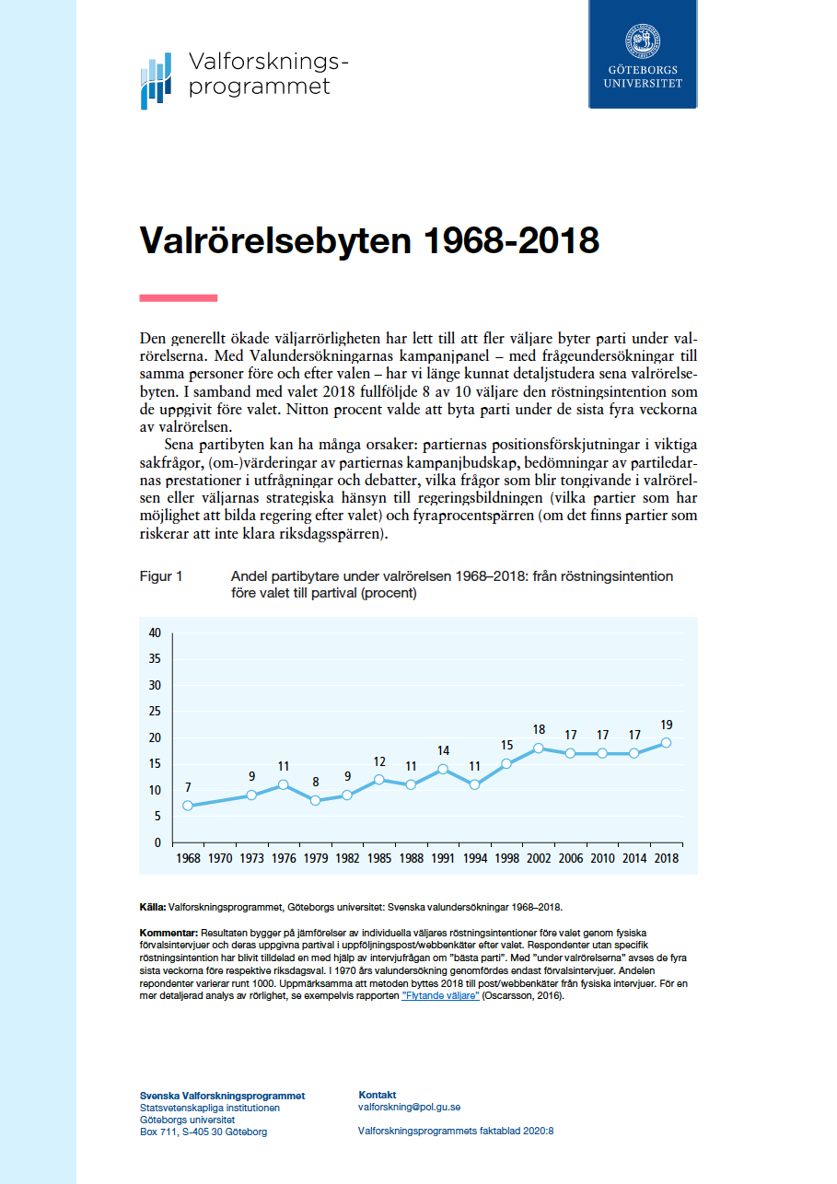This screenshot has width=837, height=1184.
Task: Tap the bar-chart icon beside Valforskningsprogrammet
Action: pyautogui.click(x=156, y=82)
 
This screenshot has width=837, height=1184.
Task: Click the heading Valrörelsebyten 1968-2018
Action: pyautogui.click(x=369, y=241)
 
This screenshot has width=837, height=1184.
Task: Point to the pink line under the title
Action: pyautogui.click(x=178, y=297)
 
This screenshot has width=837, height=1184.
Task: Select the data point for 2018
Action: pyautogui.click(x=666, y=743)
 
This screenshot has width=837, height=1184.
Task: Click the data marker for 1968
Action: pyautogui.click(x=188, y=806)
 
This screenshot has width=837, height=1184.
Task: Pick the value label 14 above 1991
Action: pyautogui.click(x=443, y=750)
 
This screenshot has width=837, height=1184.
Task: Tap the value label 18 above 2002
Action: pyautogui.click(x=539, y=729)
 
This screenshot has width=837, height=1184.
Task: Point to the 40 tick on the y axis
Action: pyautogui.click(x=155, y=633)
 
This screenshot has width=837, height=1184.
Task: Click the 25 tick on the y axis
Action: pyautogui.click(x=155, y=711)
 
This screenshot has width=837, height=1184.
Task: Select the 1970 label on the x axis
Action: pyautogui.click(x=219, y=858)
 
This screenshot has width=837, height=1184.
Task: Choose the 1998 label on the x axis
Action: pyautogui.click(x=506, y=858)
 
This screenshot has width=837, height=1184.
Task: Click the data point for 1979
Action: pyautogui.click(x=315, y=800)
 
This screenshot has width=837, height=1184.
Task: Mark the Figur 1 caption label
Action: pyautogui.click(x=161, y=576)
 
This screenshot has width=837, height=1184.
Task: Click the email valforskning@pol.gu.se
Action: pyautogui.click(x=409, y=1108)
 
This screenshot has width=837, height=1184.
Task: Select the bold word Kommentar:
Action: pyautogui.click(x=169, y=933)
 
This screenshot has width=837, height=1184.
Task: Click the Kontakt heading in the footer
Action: pyautogui.click(x=378, y=1096)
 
